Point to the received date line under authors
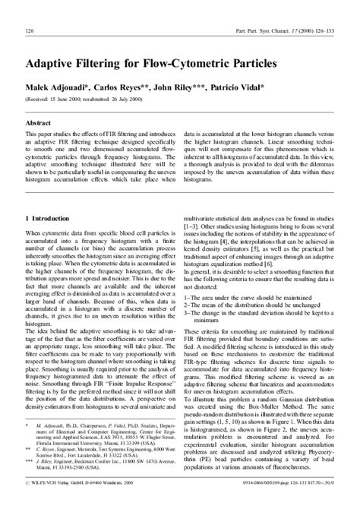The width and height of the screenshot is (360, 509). [x=90, y=99]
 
